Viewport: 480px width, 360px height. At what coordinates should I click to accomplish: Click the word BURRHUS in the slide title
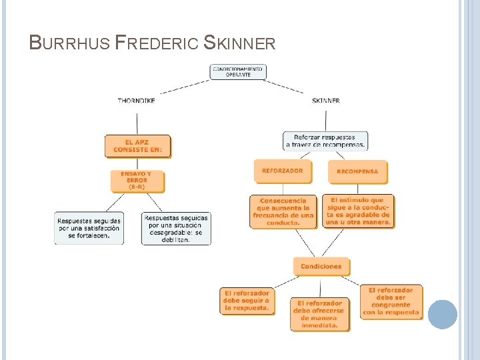70,44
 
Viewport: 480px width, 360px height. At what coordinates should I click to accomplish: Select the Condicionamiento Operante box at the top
238,72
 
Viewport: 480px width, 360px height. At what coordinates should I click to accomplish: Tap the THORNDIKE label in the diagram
137,101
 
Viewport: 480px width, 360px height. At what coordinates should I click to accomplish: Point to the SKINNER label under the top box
325,101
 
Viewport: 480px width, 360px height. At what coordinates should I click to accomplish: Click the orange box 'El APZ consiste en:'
137,146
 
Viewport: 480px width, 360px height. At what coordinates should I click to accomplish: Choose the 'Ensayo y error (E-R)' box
137,181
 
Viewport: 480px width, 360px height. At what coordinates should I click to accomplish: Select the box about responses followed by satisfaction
89,228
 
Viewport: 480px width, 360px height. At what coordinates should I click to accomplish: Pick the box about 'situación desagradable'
176,228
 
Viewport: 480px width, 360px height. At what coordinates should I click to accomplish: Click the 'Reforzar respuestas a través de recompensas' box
325,141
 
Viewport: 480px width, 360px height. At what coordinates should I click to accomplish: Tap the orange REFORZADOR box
282,171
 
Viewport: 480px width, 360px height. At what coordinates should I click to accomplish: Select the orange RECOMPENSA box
357,171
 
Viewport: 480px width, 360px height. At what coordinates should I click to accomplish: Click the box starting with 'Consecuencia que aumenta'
283,211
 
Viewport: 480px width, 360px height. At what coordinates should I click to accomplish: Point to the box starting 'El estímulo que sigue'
358,211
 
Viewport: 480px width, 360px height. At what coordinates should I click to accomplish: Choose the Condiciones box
321,266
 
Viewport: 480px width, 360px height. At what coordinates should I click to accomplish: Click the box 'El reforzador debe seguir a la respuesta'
247,301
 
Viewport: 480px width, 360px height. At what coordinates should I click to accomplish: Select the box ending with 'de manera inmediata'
320,314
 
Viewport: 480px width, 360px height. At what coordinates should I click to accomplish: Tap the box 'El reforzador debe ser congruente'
391,301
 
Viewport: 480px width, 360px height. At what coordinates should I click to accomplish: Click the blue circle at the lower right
442,314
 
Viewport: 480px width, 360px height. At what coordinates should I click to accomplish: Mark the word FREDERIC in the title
157,44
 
